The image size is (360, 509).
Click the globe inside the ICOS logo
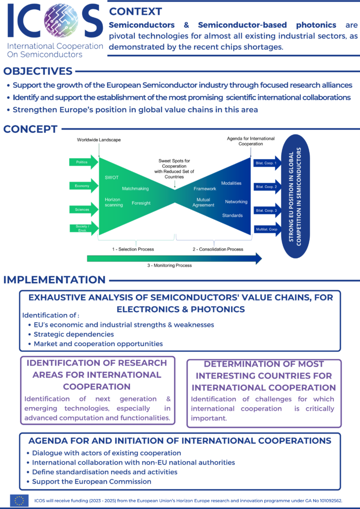point(60,22)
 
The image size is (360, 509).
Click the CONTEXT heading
point(135,11)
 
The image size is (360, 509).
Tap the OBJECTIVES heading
point(38,71)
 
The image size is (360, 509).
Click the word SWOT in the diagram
point(112,177)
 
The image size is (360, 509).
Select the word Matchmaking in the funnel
point(135,189)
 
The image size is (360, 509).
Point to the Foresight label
point(141,203)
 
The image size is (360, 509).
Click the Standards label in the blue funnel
point(233,215)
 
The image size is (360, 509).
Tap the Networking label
point(236,202)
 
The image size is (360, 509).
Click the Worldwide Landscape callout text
point(99,140)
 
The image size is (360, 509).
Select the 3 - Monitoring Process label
point(170,265)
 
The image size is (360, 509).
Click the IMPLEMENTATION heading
point(54,280)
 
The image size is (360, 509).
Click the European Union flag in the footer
point(19,501)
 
